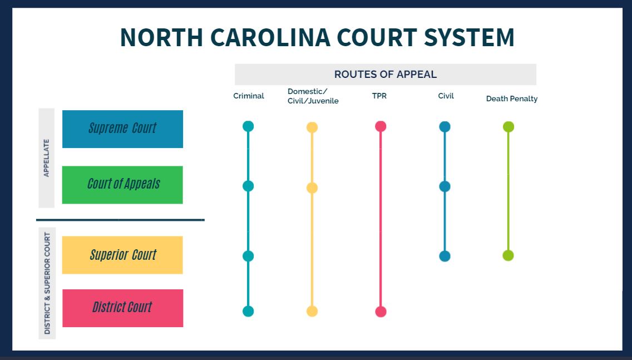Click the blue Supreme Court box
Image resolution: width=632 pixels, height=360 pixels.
pos(122,129)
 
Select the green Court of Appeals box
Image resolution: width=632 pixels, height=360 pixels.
pos(122,185)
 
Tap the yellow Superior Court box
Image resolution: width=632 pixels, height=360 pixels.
pos(122,255)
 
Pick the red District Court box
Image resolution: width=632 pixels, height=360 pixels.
pos(122,308)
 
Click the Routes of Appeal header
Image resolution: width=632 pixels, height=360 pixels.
pos(386,74)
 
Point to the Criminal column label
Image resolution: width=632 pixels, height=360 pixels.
pos(249,96)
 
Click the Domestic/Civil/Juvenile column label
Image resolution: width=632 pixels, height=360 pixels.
pos(313,96)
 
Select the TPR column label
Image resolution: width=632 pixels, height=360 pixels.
pos(379,96)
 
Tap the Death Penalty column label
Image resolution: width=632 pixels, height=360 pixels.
pos(512,99)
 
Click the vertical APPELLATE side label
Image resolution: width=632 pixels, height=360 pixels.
pos(46,158)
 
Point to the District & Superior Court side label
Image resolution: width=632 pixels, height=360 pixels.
pos(47,283)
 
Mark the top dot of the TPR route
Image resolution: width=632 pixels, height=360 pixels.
pos(381,127)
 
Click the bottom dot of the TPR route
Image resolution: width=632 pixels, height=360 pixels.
pos(381,312)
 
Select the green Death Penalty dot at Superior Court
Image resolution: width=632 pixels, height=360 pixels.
pos(508,255)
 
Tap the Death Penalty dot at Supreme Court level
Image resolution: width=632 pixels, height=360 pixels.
pos(508,127)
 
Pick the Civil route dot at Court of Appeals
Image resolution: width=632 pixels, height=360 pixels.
pos(445,186)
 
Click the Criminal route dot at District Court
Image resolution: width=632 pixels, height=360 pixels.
pos(248,311)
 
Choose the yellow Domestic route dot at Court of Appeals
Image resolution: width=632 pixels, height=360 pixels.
pos(312,188)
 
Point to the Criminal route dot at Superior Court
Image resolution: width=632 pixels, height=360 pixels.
pos(248,256)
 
